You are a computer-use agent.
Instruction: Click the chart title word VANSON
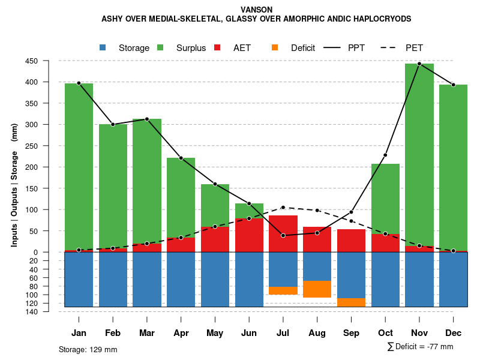pos(256,10)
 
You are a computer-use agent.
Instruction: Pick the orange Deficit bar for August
pos(317,289)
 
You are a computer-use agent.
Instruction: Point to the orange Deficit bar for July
pos(283,290)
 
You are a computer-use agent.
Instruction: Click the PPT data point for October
pos(385,155)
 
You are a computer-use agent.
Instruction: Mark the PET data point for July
pos(283,208)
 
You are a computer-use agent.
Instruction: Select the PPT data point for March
pos(147,119)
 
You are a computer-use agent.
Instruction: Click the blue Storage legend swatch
pos(103,47)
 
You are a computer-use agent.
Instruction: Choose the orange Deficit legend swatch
pos(275,47)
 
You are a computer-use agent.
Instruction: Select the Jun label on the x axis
pos(249,333)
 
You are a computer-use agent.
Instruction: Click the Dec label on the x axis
pos(454,333)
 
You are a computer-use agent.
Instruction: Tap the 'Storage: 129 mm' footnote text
pos(88,349)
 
